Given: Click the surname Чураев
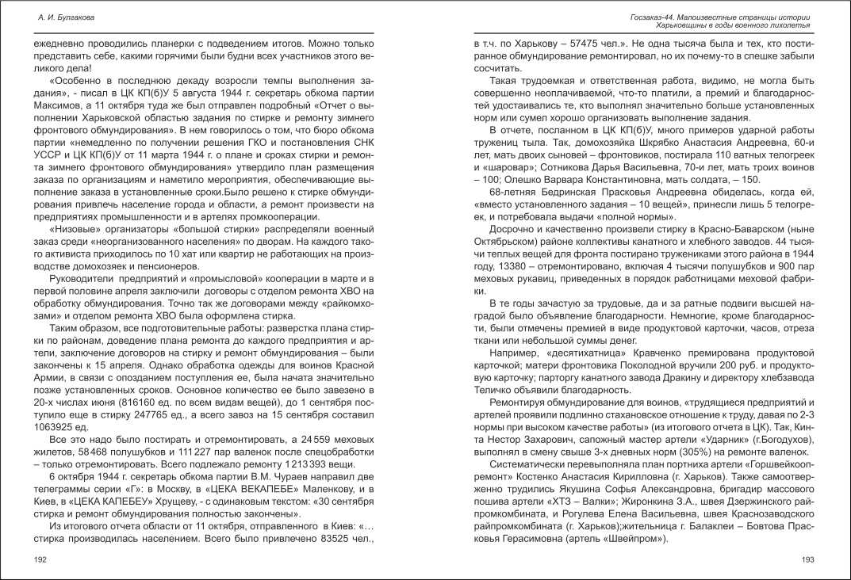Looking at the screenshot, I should click(283, 477).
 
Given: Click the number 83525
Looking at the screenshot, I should click(309, 539).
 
